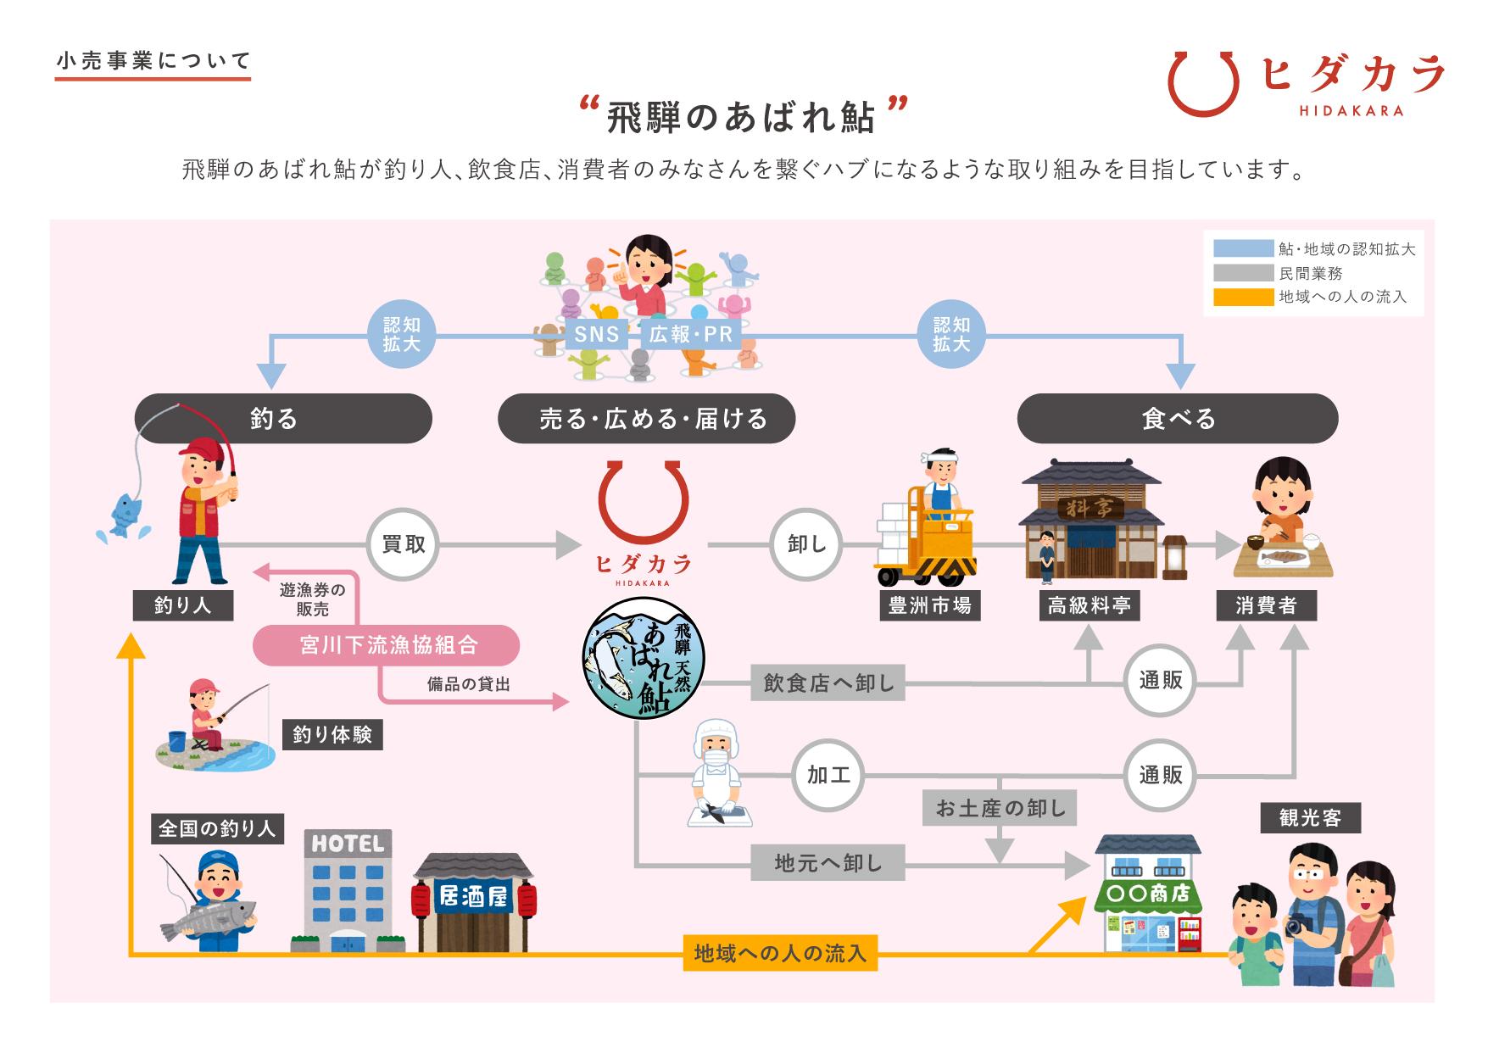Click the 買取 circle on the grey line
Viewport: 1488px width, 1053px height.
pyautogui.click(x=403, y=544)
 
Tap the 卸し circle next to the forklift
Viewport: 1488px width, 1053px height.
pyautogui.click(x=806, y=544)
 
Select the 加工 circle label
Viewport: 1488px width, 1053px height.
pyautogui.click(x=828, y=775)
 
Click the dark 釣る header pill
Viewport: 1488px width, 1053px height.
pyautogui.click(x=283, y=418)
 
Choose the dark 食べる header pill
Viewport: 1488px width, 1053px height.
pyautogui.click(x=1178, y=418)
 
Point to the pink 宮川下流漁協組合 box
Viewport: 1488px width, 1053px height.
pyautogui.click(x=387, y=646)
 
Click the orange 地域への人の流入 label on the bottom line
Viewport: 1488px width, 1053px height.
pyautogui.click(x=779, y=953)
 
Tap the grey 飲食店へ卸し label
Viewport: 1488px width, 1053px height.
pyautogui.click(x=828, y=682)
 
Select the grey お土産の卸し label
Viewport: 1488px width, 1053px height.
pyautogui.click(x=1000, y=808)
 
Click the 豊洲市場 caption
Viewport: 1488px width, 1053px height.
pyautogui.click(x=929, y=605)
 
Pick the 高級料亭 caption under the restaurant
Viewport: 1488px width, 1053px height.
pyautogui.click(x=1089, y=605)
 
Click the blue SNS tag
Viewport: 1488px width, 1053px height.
pyautogui.click(x=596, y=334)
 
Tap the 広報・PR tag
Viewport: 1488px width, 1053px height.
pyautogui.click(x=690, y=334)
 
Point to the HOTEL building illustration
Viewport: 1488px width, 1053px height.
pyautogui.click(x=348, y=890)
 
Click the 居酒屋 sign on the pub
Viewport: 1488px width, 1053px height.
pyautogui.click(x=473, y=896)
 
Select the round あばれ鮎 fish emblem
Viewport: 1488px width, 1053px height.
pyautogui.click(x=643, y=659)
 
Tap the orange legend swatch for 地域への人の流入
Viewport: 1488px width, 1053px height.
pyautogui.click(x=1243, y=297)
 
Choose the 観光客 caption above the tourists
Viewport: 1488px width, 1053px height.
pyautogui.click(x=1310, y=817)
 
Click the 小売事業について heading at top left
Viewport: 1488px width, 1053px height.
pyautogui.click(x=153, y=61)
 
